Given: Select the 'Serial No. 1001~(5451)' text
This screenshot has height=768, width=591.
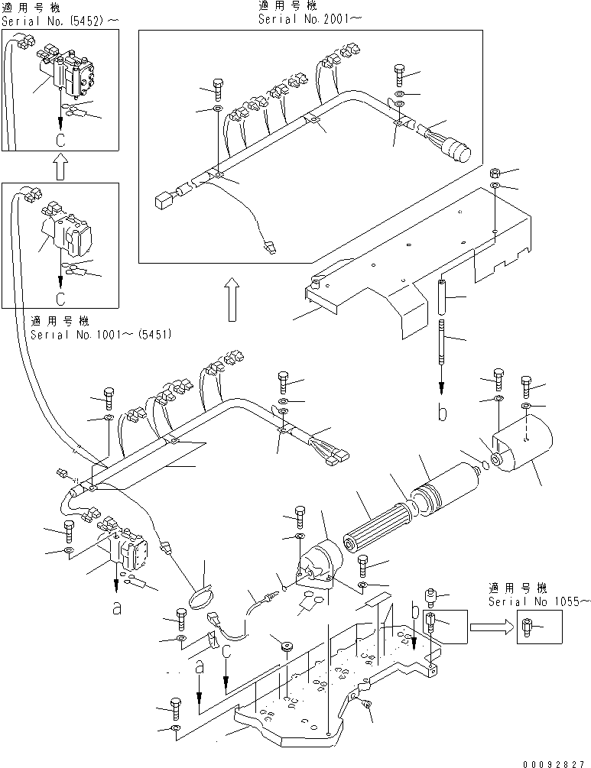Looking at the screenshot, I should pyautogui.click(x=101, y=335).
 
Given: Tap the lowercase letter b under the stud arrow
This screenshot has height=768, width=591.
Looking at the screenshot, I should pyautogui.click(x=442, y=414).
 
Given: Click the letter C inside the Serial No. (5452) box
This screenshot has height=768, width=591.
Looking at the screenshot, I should pyautogui.click(x=60, y=141).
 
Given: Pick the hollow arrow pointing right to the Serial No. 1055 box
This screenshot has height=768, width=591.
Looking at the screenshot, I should pyautogui.click(x=490, y=627).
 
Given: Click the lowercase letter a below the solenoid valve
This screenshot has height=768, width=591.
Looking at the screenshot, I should pyautogui.click(x=116, y=608).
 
